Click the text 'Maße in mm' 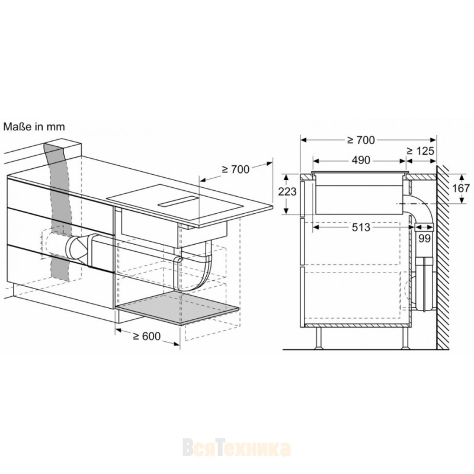[34, 127]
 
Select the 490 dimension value [361, 160]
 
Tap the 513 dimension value [361, 227]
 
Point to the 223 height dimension [287, 191]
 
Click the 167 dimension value [461, 188]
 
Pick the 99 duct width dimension [424, 239]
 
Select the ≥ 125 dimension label [420, 150]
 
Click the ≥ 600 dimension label [146, 336]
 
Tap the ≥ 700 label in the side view [361, 140]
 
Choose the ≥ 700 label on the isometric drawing [235, 169]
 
